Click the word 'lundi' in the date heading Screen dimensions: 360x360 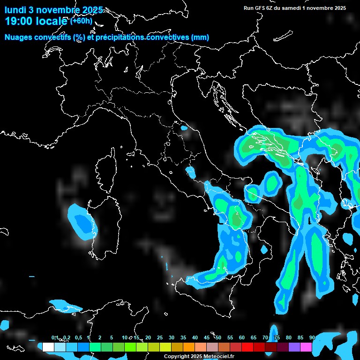click(x=15, y=10)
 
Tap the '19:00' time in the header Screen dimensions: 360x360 click(x=17, y=21)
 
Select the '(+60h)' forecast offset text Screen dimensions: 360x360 click(x=81, y=21)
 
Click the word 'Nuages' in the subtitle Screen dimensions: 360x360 click(x=18, y=37)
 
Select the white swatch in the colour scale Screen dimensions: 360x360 click(x=48, y=347)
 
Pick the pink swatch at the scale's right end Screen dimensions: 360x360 click(x=306, y=347)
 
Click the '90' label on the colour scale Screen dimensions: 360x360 click(x=312, y=337)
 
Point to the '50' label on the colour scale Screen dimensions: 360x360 click(x=218, y=337)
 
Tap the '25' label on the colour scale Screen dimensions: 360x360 click(x=160, y=337)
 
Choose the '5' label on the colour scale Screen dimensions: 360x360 click(x=112, y=337)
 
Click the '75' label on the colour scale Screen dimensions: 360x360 click(x=277, y=337)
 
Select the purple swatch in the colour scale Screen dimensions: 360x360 click(x=294, y=347)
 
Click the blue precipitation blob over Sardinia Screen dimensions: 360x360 click(x=81, y=220)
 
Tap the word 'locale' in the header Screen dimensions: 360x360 click(x=52, y=21)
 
